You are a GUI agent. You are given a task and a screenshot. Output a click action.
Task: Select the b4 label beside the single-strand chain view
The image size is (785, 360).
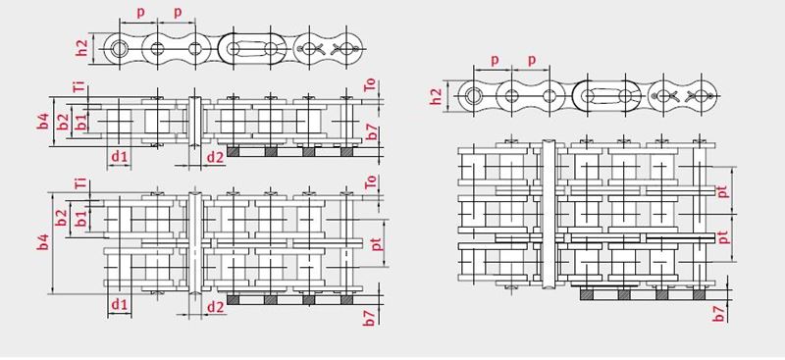coord(43,122)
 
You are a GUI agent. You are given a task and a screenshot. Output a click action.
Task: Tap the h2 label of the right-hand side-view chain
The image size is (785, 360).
coord(437,97)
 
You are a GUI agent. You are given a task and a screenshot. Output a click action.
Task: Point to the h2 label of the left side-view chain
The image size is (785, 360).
coord(82,47)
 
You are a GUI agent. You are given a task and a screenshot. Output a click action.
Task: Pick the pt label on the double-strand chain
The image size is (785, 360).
coord(378,243)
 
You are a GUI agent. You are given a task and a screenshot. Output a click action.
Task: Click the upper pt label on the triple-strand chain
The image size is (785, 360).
coord(723,190)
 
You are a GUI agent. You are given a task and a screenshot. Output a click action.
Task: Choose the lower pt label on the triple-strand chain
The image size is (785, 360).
coord(723,236)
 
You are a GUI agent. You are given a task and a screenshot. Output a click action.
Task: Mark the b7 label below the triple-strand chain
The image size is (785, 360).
coord(719,314)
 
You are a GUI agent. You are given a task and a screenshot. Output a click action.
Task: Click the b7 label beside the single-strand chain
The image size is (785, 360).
coord(371,131)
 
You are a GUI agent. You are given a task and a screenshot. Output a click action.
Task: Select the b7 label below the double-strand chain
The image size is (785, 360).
coord(369,318)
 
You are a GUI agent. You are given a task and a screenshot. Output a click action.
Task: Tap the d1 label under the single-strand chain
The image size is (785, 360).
coord(120,157)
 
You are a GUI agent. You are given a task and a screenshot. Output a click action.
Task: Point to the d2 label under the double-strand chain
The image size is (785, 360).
coord(215,307)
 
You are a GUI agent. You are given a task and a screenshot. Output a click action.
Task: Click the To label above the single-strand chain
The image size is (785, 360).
coord(371,85)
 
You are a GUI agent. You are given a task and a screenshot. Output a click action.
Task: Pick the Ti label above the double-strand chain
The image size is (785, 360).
coord(79,183)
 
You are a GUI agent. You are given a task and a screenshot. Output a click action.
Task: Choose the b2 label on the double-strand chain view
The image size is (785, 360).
coord(61,218)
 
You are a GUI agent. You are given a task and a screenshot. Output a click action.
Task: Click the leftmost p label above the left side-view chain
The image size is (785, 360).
coord(140,13)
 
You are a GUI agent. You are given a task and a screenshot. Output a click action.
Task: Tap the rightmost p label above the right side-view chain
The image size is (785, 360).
coord(532,61)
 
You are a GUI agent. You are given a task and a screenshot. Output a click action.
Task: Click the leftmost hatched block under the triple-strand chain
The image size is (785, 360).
coord(586,295)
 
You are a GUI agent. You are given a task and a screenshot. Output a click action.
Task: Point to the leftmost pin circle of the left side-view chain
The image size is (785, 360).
coord(120,49)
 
